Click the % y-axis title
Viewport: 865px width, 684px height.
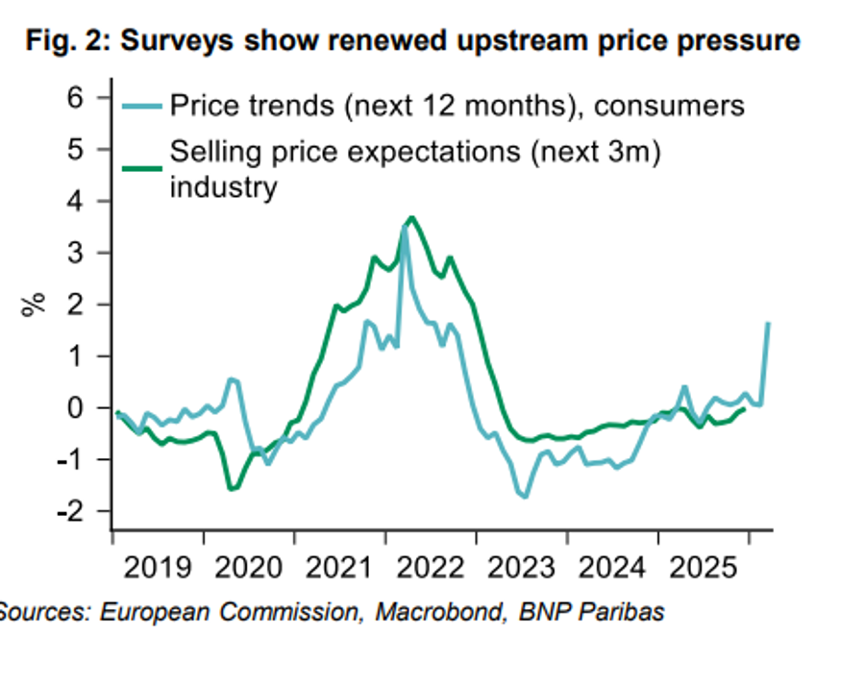pos(36,305)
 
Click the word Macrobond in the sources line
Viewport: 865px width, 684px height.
pos(432,611)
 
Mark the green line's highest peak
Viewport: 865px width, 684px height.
pos(411,218)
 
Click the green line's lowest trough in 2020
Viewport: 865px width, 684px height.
pos(232,489)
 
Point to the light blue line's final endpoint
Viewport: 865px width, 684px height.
pos(768,324)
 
